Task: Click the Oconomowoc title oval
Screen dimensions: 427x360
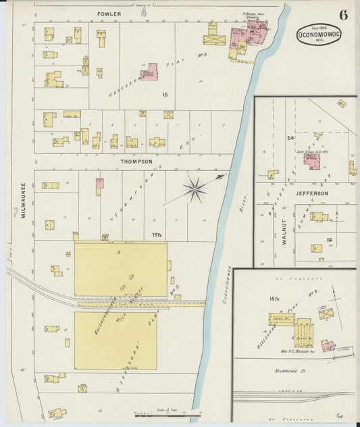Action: tap(318, 35)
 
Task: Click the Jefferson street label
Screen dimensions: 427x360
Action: tap(311, 193)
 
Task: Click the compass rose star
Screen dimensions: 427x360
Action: tap(196, 189)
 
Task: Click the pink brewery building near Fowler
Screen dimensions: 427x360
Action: tap(247, 36)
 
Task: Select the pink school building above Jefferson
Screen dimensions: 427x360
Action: tap(311, 160)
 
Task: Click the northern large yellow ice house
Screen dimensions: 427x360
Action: tap(120, 269)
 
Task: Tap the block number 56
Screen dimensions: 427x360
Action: tap(330, 240)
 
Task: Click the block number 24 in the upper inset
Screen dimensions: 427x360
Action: tap(290, 138)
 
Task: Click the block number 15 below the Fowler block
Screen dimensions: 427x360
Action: tap(165, 95)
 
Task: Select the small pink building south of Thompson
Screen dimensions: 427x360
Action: tap(100, 183)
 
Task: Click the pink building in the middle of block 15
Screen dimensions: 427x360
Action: tap(149, 72)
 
